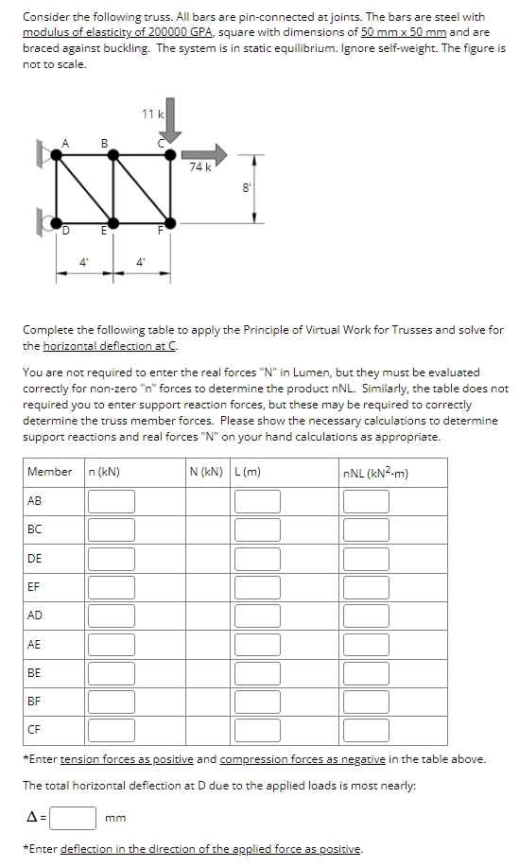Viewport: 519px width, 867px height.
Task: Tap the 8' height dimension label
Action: coord(246,187)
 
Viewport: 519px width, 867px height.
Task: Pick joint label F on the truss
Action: coord(161,230)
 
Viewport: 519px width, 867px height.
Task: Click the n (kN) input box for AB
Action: coord(112,501)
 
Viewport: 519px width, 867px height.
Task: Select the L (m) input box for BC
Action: coord(258,529)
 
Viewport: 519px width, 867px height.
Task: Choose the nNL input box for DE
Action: coord(366,559)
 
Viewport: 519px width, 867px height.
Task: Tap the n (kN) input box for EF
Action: coord(112,587)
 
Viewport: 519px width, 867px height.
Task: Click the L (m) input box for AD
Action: coord(258,616)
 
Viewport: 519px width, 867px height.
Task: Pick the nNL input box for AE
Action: coord(366,644)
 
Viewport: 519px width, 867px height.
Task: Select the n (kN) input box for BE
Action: coord(112,672)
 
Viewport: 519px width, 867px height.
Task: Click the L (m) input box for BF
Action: coord(258,702)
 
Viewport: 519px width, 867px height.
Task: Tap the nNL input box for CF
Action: coord(366,730)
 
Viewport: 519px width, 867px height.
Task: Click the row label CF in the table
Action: coord(34,730)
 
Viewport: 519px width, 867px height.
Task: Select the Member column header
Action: coord(50,472)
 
